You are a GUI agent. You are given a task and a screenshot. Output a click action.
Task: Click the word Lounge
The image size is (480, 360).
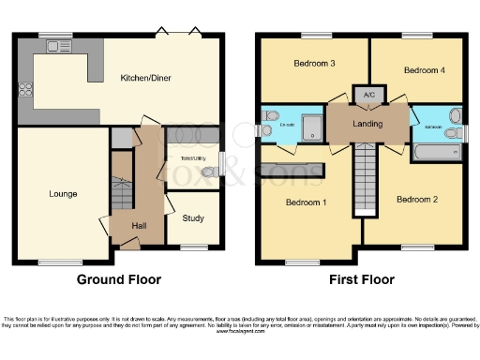click(x=64, y=194)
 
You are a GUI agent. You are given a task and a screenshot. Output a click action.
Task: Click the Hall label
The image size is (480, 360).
click(x=139, y=226)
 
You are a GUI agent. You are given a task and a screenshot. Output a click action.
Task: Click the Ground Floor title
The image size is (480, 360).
click(x=120, y=279)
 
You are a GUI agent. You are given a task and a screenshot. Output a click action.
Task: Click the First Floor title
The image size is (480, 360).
click(x=362, y=279)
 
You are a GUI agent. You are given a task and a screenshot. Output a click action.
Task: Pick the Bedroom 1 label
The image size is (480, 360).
click(x=305, y=202)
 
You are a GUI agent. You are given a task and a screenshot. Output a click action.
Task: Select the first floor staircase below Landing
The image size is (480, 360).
click(x=364, y=183)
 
